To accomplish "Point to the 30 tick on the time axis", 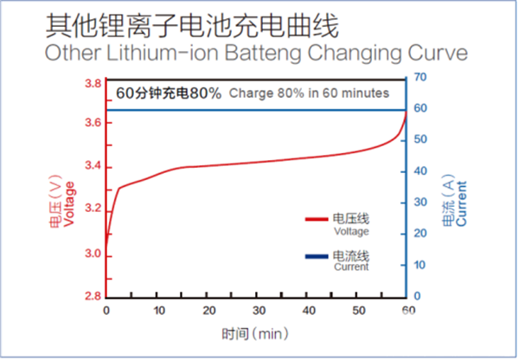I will point(257,311).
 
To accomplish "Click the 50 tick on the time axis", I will point(358,311).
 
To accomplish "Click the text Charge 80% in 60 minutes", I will point(309,93).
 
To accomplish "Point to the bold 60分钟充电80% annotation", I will point(169,93).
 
